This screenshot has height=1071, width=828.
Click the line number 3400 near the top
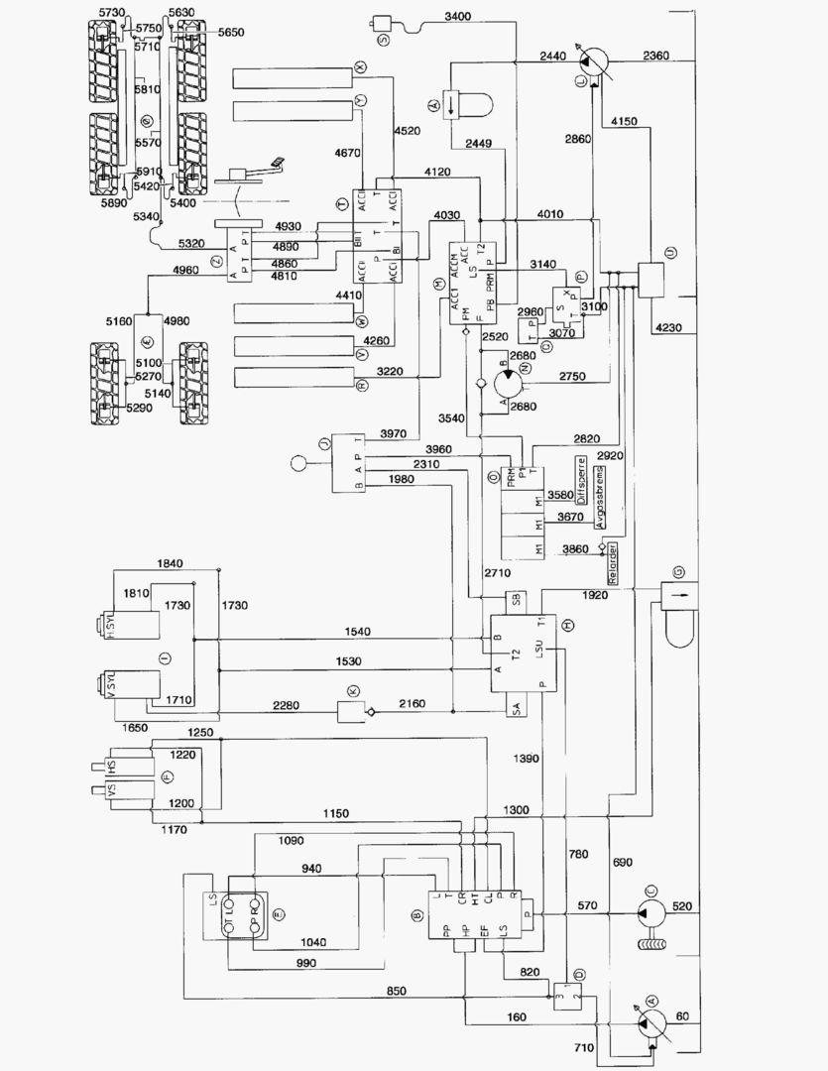[x=459, y=17]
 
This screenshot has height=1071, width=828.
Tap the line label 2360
[x=656, y=55]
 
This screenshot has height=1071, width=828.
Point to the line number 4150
[x=626, y=121]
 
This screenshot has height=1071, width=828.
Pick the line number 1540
[x=358, y=632]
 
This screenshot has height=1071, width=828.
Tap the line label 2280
[x=293, y=705]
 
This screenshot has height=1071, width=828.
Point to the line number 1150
[x=336, y=814]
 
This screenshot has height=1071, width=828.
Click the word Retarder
[x=614, y=563]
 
